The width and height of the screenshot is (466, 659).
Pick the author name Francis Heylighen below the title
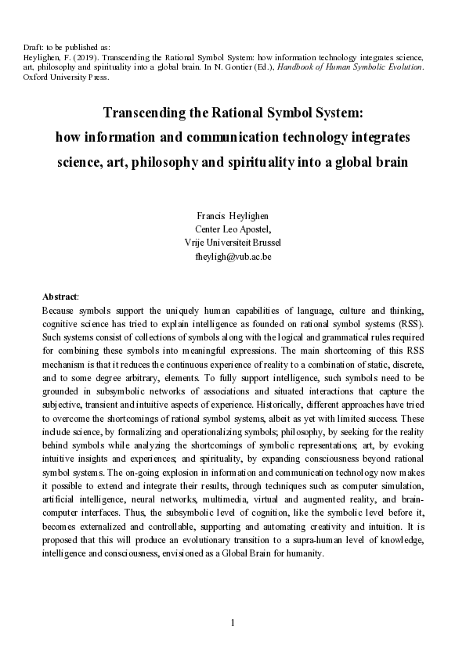click(232, 214)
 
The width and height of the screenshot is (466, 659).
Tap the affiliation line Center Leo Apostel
click(232, 229)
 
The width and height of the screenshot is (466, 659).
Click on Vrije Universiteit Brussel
click(232, 243)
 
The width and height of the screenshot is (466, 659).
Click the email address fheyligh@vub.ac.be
click(232, 257)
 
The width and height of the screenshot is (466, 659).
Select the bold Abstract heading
click(60, 297)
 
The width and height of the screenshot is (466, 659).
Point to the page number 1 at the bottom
click(233, 623)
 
